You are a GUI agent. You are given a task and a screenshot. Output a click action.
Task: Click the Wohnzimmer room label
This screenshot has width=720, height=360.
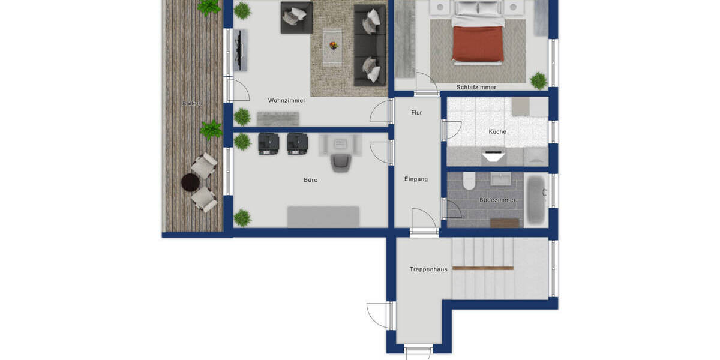[286, 100]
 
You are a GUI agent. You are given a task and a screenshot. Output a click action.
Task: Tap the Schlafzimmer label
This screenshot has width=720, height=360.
[476, 87]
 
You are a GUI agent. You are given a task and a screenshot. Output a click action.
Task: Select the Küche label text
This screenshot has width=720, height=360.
[497, 131]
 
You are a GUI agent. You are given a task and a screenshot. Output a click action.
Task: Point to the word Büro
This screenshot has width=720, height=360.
[310, 179]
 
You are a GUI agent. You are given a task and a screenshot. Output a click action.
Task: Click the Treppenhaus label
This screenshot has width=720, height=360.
[428, 269]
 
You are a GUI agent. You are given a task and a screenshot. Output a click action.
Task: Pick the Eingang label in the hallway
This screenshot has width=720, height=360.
[416, 179]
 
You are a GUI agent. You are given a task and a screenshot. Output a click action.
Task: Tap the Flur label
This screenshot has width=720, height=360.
[416, 112]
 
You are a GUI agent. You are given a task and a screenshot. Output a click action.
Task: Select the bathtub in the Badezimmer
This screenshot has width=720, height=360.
[536, 199]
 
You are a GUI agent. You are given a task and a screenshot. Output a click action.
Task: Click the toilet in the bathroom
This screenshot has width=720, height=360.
[469, 181]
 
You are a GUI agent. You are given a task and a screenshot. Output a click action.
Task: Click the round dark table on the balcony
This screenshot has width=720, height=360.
[190, 181]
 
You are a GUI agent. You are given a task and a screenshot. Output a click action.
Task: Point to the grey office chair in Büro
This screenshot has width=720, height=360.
[341, 161]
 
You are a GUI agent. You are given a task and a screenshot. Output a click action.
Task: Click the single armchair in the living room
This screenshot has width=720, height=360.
[296, 17]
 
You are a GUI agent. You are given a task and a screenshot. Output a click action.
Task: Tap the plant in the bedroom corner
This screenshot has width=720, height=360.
[539, 80]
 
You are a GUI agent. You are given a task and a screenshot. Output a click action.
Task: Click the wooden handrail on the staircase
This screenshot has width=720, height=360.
[483, 268]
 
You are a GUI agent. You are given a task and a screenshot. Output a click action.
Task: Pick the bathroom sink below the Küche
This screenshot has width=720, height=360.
[500, 179]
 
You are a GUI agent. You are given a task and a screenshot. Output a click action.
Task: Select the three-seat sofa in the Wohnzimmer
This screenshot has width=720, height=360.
[370, 45]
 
